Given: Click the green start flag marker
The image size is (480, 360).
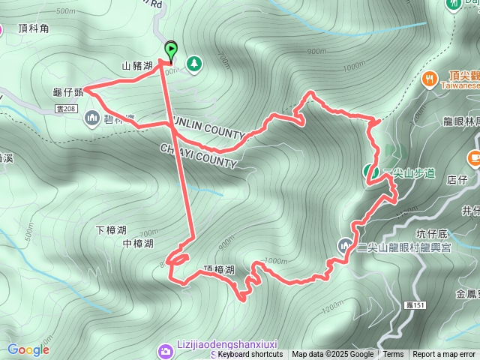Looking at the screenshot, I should tap(171, 51).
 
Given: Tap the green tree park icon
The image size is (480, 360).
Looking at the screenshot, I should tap(194, 63).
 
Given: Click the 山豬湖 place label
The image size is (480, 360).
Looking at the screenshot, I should tap(137, 66).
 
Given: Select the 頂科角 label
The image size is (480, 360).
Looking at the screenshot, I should tap(33, 28).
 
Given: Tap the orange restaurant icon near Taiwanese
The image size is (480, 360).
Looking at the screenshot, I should tap(430, 76).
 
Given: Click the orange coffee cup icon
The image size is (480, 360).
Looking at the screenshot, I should tap(475, 158).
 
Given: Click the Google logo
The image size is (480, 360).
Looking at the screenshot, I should tap(28, 349).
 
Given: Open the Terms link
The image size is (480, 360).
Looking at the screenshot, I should tap(393, 355).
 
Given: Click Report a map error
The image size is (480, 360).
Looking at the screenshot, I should tap(444, 355).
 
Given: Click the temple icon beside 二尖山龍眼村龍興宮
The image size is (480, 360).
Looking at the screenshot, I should tap(344, 244).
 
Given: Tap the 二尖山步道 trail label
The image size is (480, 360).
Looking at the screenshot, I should tap(409, 173).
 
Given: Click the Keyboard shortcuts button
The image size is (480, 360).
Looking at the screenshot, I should tap(250, 355).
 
